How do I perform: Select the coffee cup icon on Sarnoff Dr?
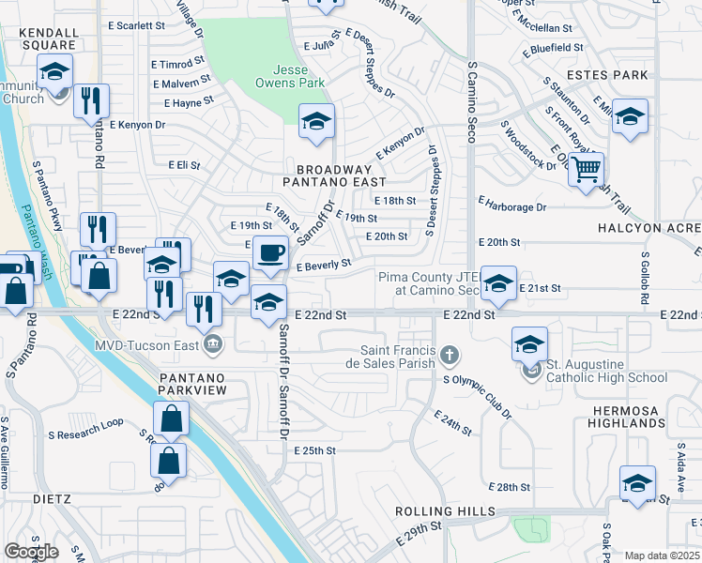pos(270,253)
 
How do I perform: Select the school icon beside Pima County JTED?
pos(498,282)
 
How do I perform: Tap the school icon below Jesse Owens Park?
pos(317,121)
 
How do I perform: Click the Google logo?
pos(31,552)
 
